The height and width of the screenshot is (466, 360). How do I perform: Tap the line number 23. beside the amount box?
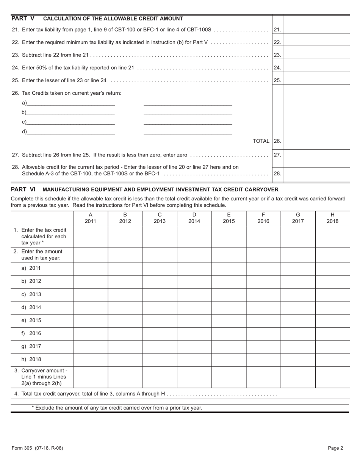tap(277, 55)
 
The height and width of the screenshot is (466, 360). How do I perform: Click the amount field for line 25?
tap(316, 80)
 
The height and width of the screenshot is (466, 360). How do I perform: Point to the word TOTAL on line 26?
tap(261, 141)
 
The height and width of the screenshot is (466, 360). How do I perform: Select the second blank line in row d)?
tap(188, 131)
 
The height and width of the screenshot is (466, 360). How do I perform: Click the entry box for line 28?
tap(316, 174)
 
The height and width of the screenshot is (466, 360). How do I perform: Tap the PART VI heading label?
tap(23, 189)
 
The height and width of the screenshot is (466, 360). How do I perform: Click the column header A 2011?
tap(90, 218)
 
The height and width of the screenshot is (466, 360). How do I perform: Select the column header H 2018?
tap(332, 218)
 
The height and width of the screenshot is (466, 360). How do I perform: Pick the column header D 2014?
tap(194, 218)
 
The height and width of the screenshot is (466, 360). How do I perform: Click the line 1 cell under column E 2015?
tap(229, 236)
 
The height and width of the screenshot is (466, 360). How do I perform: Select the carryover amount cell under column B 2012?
tap(125, 377)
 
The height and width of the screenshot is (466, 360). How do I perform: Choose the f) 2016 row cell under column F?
tap(263, 333)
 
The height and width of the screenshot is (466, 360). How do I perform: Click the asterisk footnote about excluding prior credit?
tap(117, 408)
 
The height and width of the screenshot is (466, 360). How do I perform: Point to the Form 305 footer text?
tap(37, 448)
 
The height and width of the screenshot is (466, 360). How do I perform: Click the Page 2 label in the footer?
tap(335, 448)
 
